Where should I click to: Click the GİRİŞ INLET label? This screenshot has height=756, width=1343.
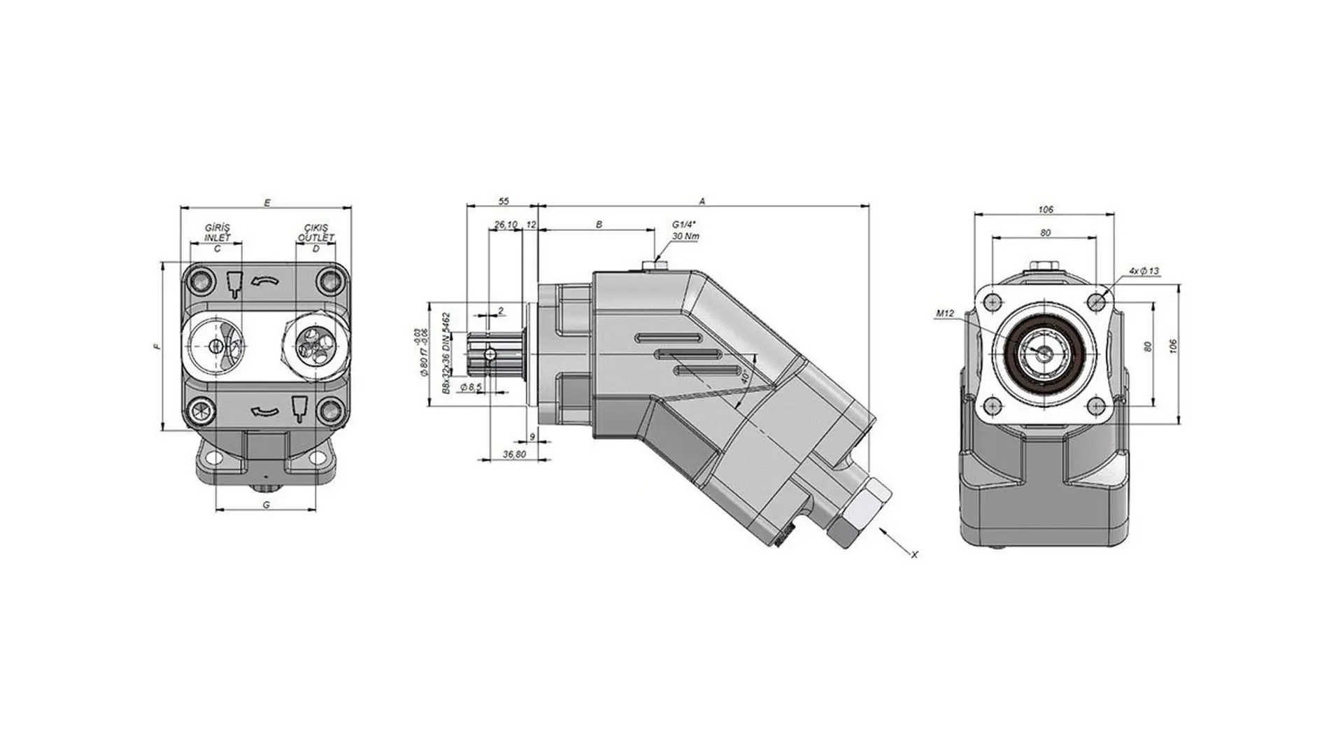[218, 232]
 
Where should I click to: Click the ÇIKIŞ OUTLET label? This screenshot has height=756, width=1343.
[316, 232]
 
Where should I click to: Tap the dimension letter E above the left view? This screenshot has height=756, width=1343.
[267, 203]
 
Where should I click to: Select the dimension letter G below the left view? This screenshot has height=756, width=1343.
[266, 505]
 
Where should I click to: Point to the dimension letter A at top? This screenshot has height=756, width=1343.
[702, 202]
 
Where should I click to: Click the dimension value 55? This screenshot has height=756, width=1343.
[503, 202]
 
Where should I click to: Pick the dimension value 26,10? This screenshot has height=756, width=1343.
[505, 225]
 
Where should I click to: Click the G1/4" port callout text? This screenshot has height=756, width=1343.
[684, 224]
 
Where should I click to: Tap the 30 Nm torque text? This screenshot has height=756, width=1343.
[685, 237]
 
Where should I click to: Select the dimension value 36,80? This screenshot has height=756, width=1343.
[514, 455]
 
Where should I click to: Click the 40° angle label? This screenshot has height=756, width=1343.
[745, 377]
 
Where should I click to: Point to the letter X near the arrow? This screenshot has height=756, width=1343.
[914, 554]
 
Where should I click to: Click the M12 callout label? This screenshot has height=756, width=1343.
[944, 314]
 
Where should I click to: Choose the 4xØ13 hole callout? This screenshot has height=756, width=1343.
[1144, 271]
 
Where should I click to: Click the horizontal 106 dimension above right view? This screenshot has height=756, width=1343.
[1045, 209]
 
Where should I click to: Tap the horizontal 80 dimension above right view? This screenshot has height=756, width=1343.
[1045, 232]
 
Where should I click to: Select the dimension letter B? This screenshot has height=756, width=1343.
[599, 225]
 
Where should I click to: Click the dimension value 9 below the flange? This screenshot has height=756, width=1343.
[532, 437]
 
